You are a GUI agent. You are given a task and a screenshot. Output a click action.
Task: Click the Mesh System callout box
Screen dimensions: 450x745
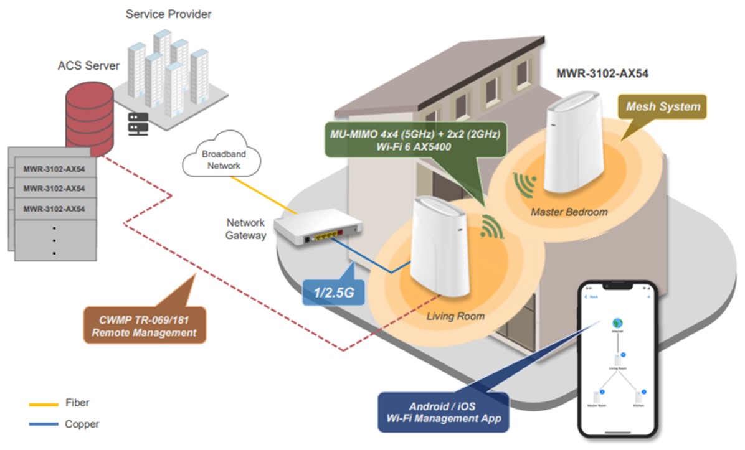[x=664, y=106]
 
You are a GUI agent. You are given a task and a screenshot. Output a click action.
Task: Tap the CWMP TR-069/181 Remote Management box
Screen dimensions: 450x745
[x=144, y=326]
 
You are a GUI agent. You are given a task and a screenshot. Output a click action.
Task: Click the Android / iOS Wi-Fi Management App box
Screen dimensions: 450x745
[x=443, y=411]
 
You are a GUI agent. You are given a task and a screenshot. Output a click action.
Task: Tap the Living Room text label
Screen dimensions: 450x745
[x=455, y=316]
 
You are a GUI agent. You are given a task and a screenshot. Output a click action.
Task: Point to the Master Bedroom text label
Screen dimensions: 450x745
[x=569, y=212]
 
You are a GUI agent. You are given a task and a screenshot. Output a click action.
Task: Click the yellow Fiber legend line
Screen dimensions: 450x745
[x=43, y=404]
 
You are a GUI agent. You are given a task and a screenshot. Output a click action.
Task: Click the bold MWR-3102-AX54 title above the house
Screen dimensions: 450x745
[x=602, y=73]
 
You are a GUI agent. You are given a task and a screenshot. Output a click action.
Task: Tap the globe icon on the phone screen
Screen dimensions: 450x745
[x=617, y=322]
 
